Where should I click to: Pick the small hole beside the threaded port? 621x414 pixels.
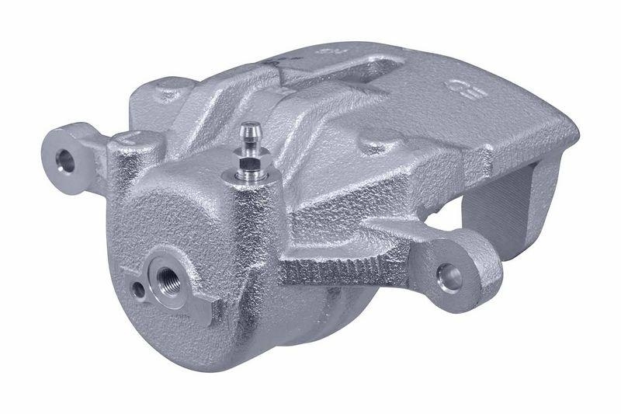coord(137,291)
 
